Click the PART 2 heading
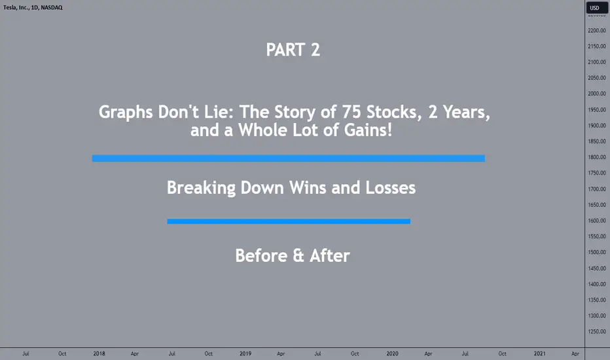click(293, 50)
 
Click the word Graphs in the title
click(125, 113)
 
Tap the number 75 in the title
click(351, 112)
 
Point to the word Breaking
click(201, 188)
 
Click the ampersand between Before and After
click(298, 256)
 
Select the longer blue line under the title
click(288, 158)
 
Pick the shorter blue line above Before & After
click(289, 221)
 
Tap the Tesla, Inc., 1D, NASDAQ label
click(33, 7)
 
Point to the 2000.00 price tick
click(597, 94)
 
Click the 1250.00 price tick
click(597, 332)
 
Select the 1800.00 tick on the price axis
click(597, 157)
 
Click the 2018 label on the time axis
click(99, 353)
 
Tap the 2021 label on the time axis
click(539, 353)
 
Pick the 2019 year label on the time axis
click(245, 353)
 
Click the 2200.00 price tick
click(597, 30)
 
